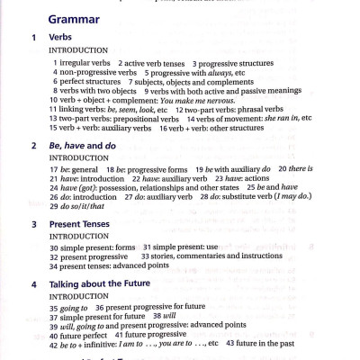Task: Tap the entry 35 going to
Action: point(69,306)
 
